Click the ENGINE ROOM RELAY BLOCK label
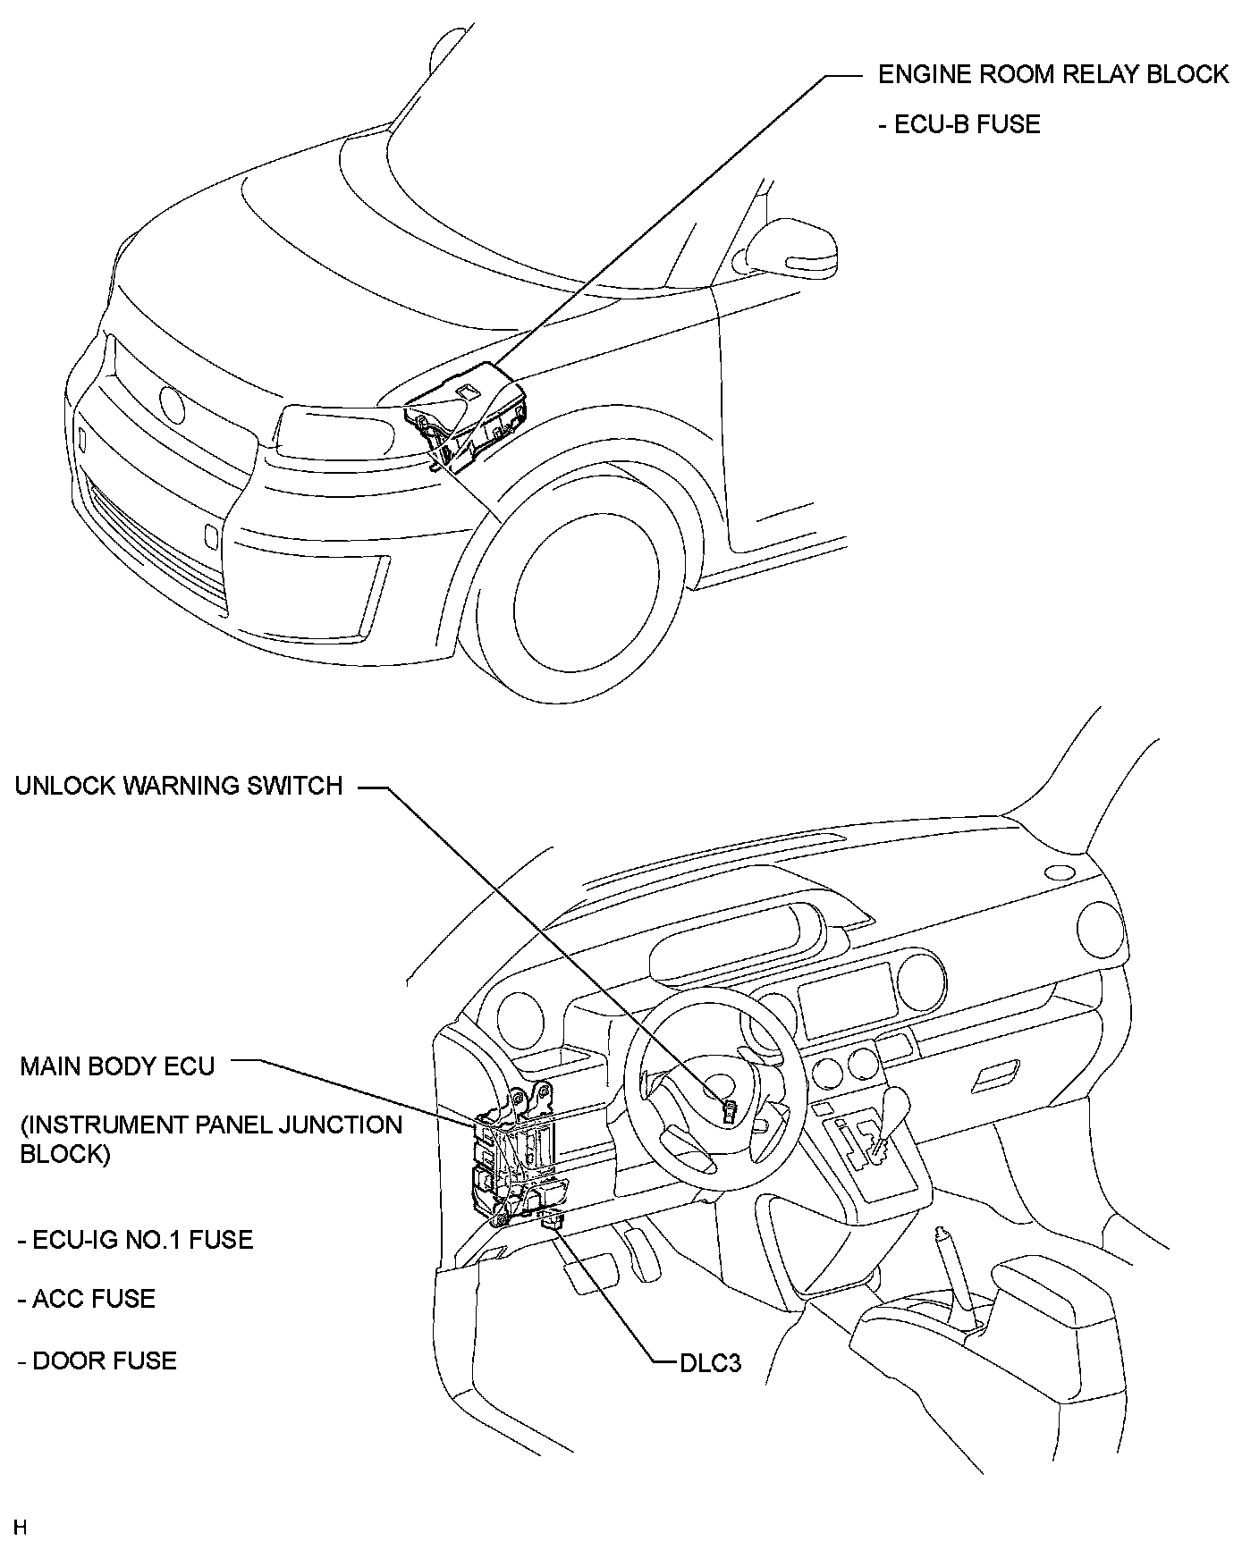[1052, 74]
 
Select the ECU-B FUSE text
[959, 124]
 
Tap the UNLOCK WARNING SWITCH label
[179, 786]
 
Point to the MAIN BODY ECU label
[117, 1066]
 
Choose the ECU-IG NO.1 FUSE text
[135, 1240]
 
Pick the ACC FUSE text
[86, 1299]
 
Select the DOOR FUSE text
[97, 1361]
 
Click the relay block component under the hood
[469, 416]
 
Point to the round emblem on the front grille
[170, 406]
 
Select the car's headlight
[335, 434]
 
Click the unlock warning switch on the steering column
[729, 1113]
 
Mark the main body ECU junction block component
[514, 1162]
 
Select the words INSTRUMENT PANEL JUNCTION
[211, 1124]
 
